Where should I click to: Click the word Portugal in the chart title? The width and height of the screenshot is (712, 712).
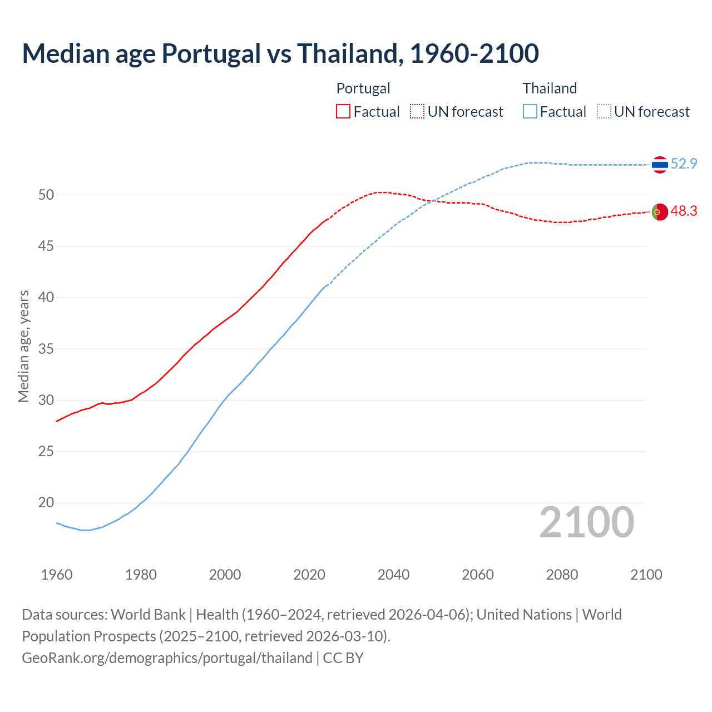coord(211,54)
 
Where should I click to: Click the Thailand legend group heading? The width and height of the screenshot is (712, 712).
coord(550,88)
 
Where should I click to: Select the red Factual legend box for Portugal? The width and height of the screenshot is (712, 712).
coord(343,112)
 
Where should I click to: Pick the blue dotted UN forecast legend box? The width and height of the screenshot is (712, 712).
coord(604,112)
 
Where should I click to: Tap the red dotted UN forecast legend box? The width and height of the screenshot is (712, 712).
coord(417,112)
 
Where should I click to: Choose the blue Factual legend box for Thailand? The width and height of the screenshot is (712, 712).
coord(530,112)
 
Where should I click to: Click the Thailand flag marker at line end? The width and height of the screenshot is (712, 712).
coord(660,165)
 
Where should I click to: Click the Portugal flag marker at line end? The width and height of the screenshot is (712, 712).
coord(660,212)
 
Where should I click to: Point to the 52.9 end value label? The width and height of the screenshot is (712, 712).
coord(684,164)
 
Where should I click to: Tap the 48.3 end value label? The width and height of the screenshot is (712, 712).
coord(684,211)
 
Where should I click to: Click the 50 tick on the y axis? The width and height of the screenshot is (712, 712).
coord(46,195)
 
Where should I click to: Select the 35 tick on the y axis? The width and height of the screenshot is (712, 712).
coord(46,349)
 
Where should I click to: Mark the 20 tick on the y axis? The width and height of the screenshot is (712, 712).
coord(46,503)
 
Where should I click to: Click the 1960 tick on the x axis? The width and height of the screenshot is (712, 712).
coord(57,575)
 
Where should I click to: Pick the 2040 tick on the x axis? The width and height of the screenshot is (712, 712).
coord(394,575)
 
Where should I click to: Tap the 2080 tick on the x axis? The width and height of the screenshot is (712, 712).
coord(562,575)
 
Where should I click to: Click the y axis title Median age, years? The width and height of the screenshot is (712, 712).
coord(23,346)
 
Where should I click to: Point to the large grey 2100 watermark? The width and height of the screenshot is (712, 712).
coord(586,522)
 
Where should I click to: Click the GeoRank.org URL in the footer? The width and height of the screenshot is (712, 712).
coord(167,658)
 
